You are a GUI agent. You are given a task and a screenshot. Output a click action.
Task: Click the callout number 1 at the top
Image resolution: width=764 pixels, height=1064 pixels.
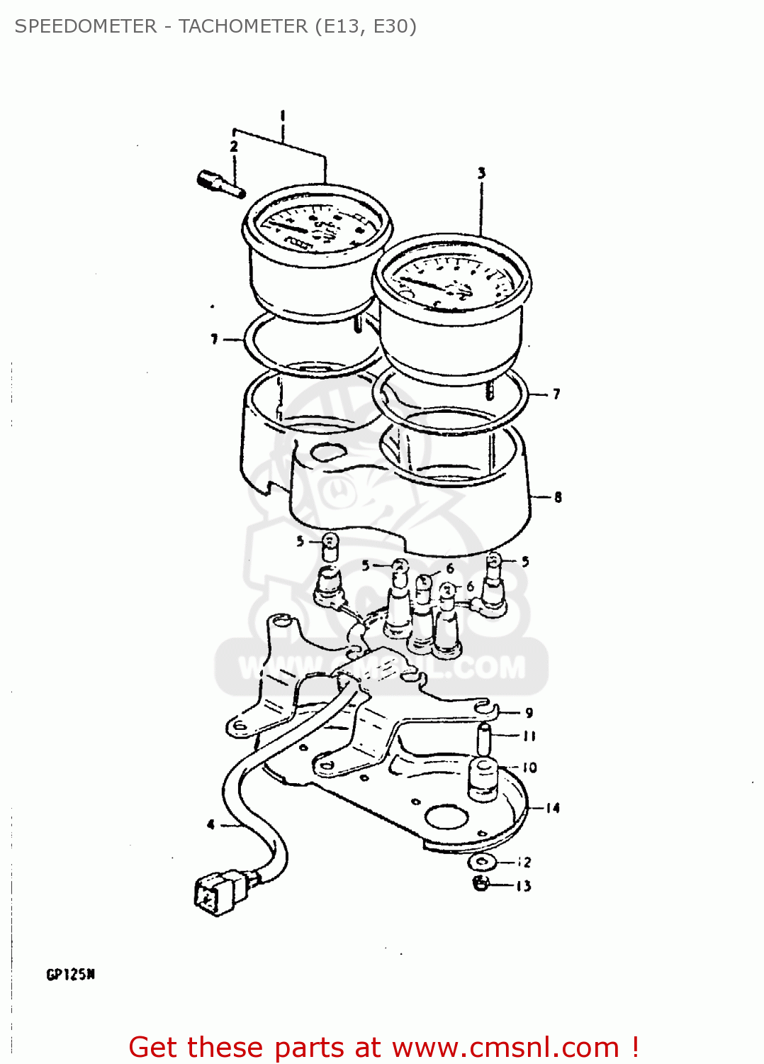tap(283, 115)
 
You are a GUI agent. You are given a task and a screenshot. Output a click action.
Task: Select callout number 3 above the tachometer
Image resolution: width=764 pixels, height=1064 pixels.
tap(481, 172)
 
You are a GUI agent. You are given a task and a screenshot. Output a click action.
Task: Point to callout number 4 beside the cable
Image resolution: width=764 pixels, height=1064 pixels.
tap(210, 824)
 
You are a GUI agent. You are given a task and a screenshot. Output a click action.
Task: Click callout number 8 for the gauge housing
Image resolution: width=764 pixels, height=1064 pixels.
tap(558, 497)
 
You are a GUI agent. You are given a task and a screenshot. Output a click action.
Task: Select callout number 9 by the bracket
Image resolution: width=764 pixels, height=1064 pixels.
tap(529, 713)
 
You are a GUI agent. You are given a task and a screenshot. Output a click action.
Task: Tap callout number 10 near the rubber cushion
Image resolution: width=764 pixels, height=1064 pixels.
tap(529, 767)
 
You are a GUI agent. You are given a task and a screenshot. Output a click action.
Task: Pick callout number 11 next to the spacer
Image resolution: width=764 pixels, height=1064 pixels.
tap(529, 736)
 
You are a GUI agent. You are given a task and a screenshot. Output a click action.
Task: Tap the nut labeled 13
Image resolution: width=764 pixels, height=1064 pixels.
tap(481, 884)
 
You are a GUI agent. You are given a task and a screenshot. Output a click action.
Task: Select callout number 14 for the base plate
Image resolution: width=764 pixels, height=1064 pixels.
tap(553, 808)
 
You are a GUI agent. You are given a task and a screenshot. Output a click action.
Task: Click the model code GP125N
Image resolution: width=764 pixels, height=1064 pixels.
tap(71, 975)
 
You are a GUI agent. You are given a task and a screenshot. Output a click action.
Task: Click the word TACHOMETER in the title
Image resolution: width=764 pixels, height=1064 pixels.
tap(242, 26)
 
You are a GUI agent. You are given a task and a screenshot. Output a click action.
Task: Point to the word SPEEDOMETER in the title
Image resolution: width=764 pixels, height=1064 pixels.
tap(86, 26)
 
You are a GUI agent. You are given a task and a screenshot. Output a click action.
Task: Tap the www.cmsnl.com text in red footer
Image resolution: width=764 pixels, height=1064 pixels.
tap(506, 1047)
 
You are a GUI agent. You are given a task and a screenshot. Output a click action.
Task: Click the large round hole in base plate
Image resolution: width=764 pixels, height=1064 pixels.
tap(447, 818)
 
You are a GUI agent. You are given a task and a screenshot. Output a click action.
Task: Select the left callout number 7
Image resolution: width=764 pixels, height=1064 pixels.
tap(214, 340)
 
